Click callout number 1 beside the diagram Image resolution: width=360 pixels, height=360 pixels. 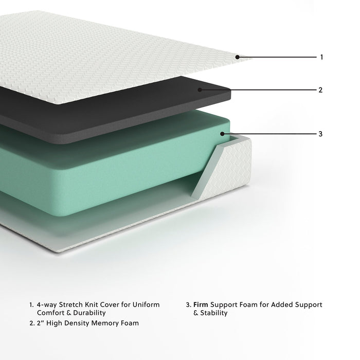pos(321,57)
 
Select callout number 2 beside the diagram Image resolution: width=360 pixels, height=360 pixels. pos(321,89)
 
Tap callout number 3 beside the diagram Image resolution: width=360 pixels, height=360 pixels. pos(321,134)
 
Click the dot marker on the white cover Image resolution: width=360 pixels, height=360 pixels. pos(237,57)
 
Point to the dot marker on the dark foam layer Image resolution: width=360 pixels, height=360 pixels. pos(199,89)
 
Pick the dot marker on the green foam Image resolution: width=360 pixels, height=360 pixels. pos(222,134)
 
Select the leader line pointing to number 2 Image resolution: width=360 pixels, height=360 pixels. pos(257,89)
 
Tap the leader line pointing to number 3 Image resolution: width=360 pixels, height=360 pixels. pos(267,134)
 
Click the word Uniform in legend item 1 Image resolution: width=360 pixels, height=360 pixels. pos(146,304)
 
